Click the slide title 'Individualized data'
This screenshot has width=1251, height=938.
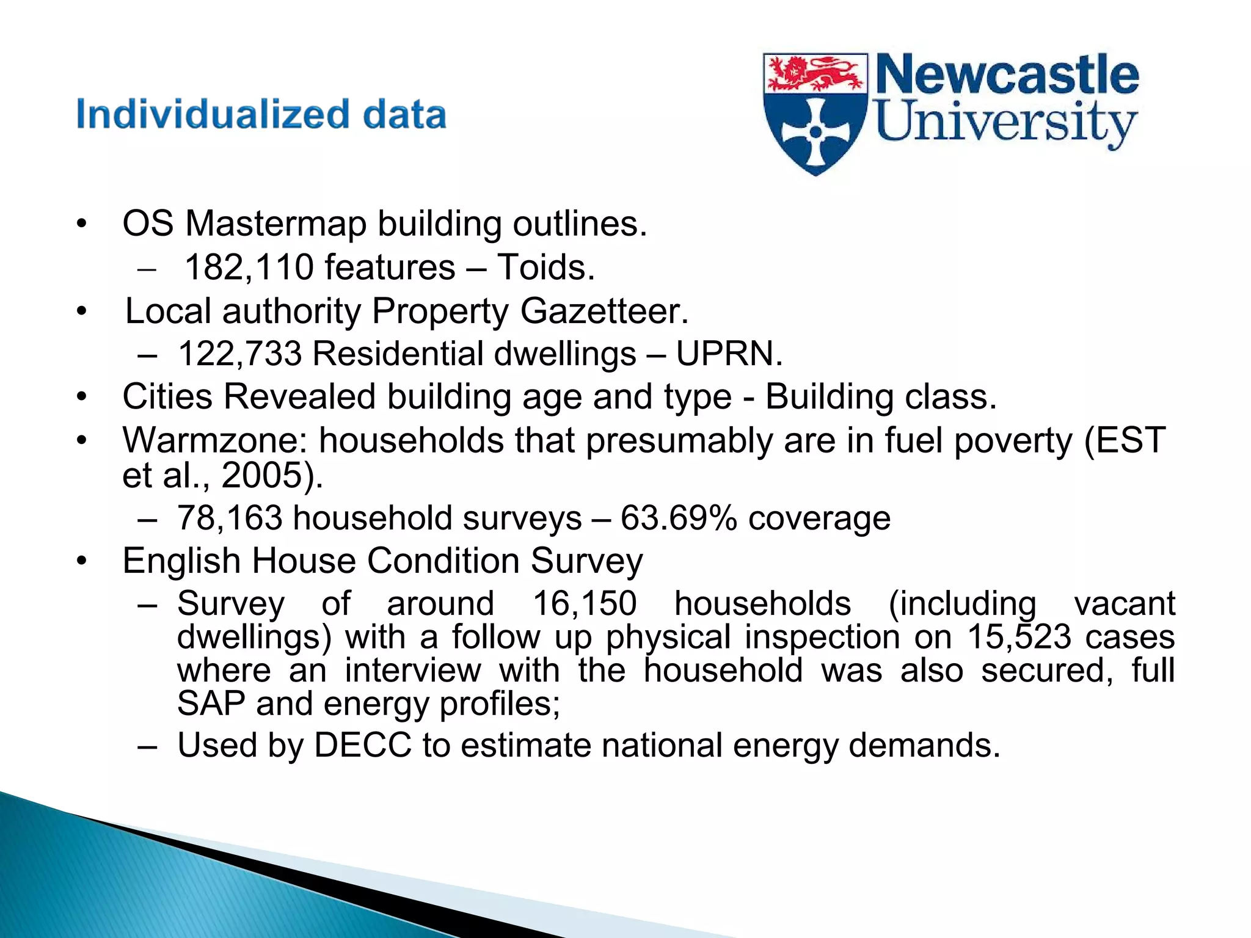[261, 115]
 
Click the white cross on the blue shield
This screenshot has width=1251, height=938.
[815, 131]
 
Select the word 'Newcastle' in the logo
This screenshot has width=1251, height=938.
[1007, 75]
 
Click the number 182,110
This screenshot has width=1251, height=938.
[249, 267]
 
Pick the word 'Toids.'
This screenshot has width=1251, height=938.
[545, 267]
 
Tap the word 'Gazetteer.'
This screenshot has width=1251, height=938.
[604, 311]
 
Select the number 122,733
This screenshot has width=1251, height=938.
[240, 354]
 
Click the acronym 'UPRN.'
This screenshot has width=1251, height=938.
[729, 354]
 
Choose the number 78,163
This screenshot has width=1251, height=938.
[230, 518]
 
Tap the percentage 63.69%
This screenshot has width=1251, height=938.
[679, 518]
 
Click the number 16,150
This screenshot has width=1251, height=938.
[585, 603]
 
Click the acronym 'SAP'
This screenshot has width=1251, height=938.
[211, 703]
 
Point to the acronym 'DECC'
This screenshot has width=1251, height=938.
[363, 745]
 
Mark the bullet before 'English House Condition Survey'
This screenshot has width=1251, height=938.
[82, 561]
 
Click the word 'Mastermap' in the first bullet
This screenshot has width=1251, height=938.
[275, 224]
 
